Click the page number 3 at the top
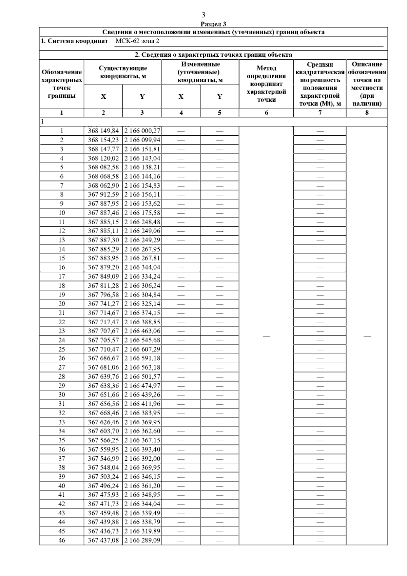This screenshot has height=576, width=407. coord(203,15)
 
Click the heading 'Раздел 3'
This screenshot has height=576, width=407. coord(213,24)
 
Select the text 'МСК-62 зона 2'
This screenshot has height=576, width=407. coord(137,41)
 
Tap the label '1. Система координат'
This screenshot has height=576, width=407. coord(74,41)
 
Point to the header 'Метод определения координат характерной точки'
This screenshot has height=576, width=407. coord(266,84)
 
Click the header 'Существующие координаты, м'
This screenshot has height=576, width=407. coord(123,72)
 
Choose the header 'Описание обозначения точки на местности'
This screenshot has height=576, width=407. coord(367,84)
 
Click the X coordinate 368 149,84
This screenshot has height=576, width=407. coord(103,131)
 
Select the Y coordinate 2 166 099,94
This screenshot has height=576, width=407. coord(142,140)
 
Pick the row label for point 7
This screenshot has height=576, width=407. coord(62,186)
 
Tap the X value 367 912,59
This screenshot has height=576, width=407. coord(103,195)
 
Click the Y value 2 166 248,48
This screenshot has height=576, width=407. coord(142,222)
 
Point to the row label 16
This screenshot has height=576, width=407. coord(62,267)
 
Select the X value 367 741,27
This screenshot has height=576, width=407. coord(103,304)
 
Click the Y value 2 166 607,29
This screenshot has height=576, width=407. coord(142,349)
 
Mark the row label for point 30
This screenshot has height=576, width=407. coord(62,395)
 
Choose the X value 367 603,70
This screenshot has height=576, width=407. coord(103,431)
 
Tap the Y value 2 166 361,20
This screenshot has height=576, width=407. coord(142,486)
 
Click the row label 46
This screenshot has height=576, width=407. coord(62,540)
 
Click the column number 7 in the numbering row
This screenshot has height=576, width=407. coord(320,113)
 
